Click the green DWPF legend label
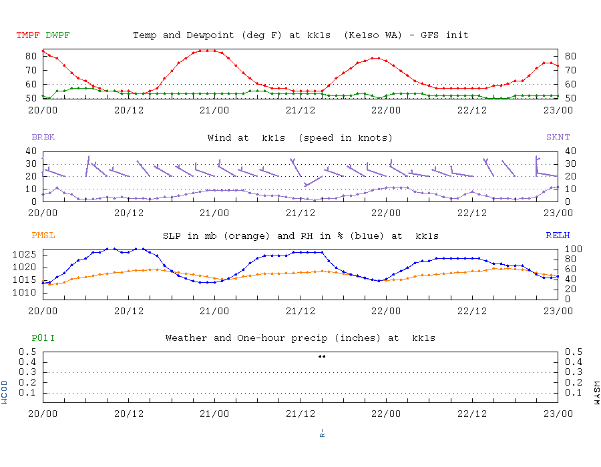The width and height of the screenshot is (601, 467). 57,35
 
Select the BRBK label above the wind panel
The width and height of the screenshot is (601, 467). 43,138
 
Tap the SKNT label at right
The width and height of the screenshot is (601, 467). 558,138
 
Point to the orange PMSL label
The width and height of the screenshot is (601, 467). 43,236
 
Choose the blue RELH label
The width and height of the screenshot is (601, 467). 558,236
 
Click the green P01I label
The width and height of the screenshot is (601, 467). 43,338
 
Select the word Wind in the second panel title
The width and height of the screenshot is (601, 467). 220,138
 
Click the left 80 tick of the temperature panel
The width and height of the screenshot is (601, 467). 31,56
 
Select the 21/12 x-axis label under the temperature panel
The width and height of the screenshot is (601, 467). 300,110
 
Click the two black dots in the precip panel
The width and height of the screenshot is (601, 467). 322,356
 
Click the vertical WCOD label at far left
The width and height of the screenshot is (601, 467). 5,392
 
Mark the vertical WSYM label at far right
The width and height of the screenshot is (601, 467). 596,392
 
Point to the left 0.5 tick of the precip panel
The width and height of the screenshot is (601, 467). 28,352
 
